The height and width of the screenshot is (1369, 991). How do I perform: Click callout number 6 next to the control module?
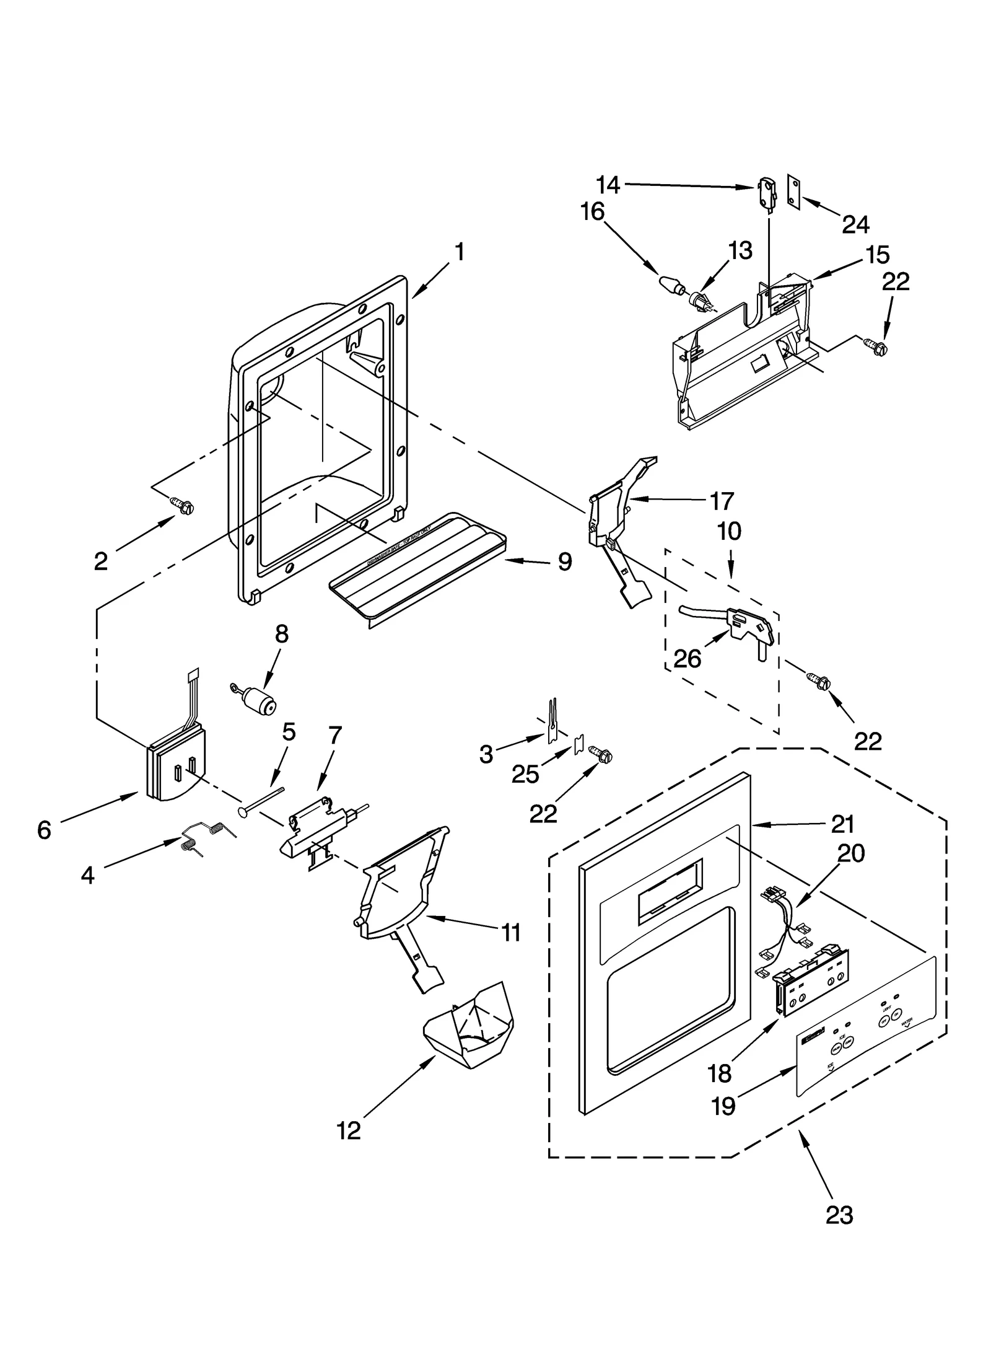click(44, 830)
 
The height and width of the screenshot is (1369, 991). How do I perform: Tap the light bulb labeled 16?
click(671, 285)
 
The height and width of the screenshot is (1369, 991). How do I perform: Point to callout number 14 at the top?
click(608, 184)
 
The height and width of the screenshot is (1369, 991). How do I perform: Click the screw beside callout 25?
click(600, 755)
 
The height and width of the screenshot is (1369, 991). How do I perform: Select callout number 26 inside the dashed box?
click(688, 659)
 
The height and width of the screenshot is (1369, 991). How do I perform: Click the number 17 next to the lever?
click(721, 500)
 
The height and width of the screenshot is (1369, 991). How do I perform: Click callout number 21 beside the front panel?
click(843, 824)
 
